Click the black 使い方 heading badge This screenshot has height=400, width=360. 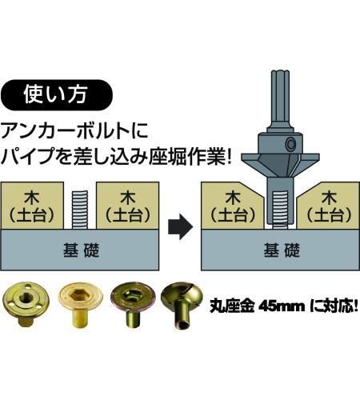pyautogui.click(x=57, y=95)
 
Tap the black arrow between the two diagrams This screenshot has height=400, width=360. pyautogui.click(x=180, y=227)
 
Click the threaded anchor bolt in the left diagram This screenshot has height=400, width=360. pyautogui.click(x=80, y=210)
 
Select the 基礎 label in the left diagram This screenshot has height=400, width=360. pyautogui.click(x=81, y=250)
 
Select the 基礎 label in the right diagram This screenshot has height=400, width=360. pyautogui.click(x=282, y=250)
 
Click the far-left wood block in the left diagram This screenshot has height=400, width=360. pyautogui.click(x=32, y=206)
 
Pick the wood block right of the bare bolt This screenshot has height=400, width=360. pyautogui.click(x=128, y=206)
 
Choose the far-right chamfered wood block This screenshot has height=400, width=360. pyautogui.click(x=329, y=206)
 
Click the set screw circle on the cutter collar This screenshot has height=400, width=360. pyautogui.click(x=290, y=144)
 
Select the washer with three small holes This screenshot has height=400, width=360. pyautogui.click(x=24, y=301)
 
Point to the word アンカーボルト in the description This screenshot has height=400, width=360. pyautogui.click(x=62, y=130)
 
